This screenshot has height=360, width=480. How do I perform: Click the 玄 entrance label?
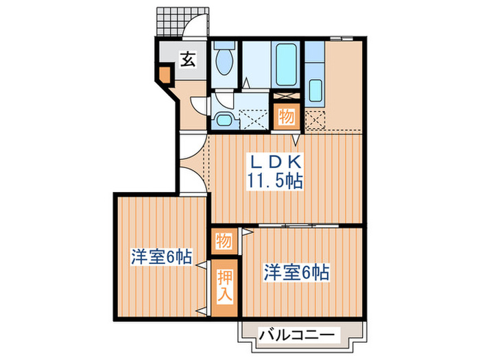(188, 60)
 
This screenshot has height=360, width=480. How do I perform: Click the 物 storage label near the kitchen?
(287, 117)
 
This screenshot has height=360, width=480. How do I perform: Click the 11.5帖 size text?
(275, 182)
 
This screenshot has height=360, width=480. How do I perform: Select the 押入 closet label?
(226, 286)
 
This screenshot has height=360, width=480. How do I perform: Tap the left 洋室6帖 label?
(162, 258)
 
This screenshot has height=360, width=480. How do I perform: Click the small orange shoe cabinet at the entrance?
(164, 73)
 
